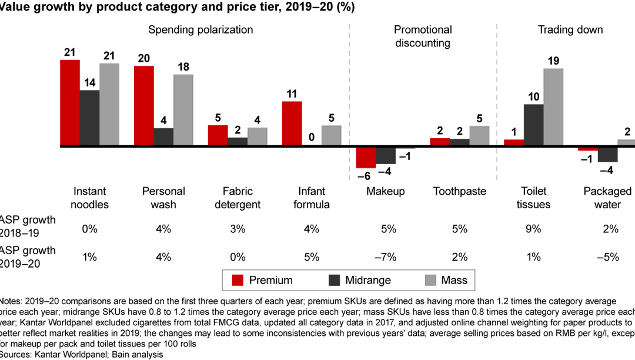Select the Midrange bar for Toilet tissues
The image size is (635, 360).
tap(533, 125)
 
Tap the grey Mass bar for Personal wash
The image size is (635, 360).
tap(183, 110)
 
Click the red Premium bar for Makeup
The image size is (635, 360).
tap(366, 157)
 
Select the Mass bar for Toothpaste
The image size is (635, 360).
tap(479, 136)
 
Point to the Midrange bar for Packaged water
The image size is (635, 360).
tap(607, 154)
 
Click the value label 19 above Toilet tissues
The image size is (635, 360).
tap(553, 60)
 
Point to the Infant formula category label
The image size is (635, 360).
tap(311, 198)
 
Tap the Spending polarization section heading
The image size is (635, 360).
tap(200, 29)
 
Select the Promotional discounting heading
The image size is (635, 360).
tap(423, 36)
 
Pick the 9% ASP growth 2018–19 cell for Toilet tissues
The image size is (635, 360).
tap(533, 229)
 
